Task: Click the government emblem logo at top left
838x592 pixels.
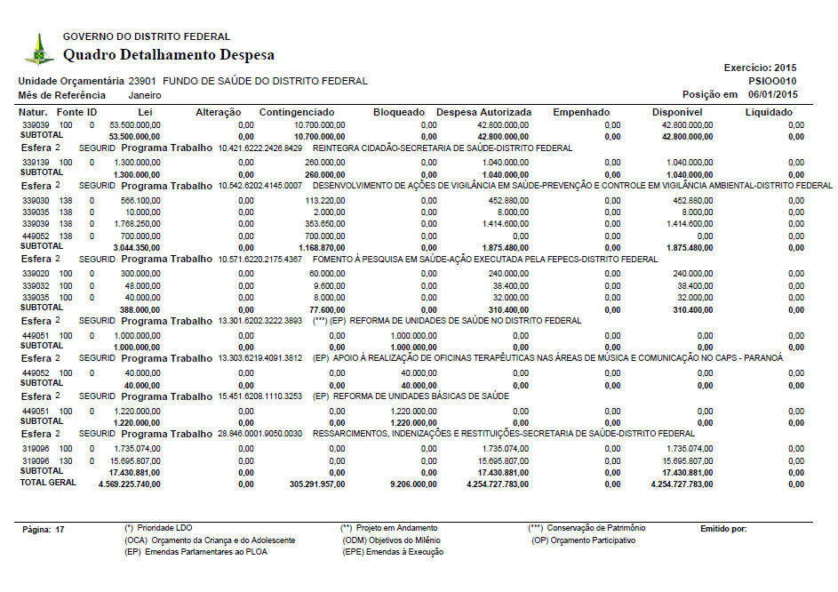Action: (38, 49)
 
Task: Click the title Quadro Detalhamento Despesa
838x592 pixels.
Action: (169, 55)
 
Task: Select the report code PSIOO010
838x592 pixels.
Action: (773, 80)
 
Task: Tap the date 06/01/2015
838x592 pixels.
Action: (773, 94)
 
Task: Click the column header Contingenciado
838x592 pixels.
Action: (297, 112)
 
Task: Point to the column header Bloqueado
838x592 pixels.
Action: (399, 112)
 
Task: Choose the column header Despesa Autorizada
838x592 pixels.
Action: (484, 112)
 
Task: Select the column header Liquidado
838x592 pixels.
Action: (769, 112)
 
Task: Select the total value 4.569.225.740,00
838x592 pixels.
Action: (130, 484)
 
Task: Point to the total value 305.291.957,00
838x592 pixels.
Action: (311, 484)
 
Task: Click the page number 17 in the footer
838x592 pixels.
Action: (60, 529)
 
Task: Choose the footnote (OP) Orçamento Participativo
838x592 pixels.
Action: (583, 540)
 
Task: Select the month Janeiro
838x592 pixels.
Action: (146, 94)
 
